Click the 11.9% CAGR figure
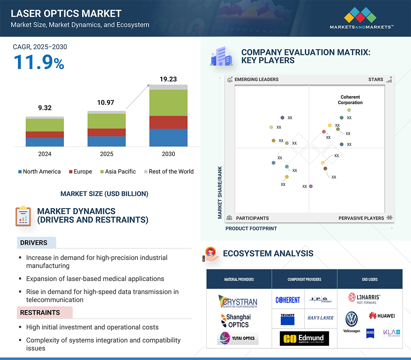[x=39, y=62]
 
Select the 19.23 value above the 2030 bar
[x=168, y=79]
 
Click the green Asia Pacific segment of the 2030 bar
[x=168, y=103]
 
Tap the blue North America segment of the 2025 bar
[x=106, y=141]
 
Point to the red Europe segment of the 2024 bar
[x=45, y=134]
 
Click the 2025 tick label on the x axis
[x=106, y=154]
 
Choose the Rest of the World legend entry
[x=169, y=172]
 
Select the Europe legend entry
[x=80, y=172]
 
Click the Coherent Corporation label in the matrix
[x=350, y=100]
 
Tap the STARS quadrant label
[x=376, y=79]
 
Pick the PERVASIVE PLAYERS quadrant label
[x=361, y=218]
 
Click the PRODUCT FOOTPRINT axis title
[x=251, y=228]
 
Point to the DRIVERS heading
[x=34, y=243]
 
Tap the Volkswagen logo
[x=351, y=321]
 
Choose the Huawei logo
[x=382, y=315]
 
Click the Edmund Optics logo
[x=304, y=339]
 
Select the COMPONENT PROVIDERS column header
[x=304, y=279]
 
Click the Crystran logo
[x=238, y=301]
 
